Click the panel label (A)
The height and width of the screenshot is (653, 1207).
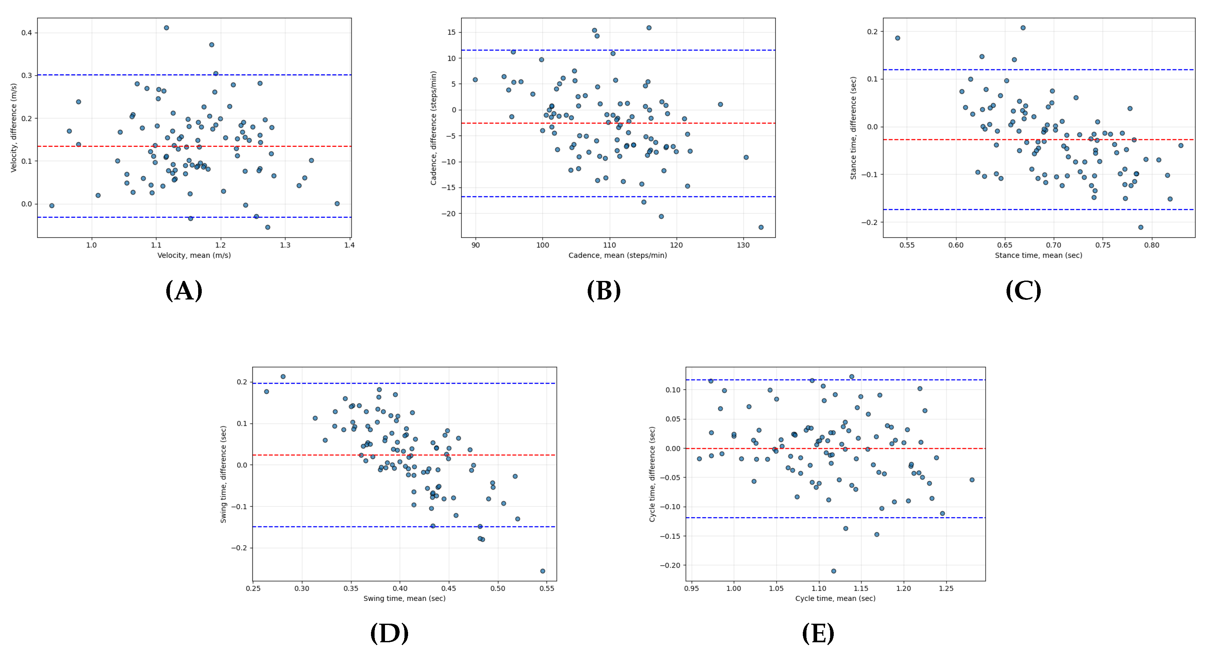click(184, 291)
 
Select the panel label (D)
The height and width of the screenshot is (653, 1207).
click(389, 633)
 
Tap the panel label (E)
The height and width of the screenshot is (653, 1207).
click(818, 633)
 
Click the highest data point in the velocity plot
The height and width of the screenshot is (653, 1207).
click(166, 28)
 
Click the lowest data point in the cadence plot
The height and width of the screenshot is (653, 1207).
click(761, 227)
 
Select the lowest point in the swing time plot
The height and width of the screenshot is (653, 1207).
click(542, 571)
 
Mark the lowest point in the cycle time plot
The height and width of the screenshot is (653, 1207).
click(833, 571)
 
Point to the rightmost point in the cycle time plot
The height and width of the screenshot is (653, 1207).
click(972, 479)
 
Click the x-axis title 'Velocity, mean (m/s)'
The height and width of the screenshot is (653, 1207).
click(194, 256)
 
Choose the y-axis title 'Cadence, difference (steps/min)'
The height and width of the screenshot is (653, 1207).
click(433, 128)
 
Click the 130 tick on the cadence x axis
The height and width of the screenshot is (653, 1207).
click(743, 245)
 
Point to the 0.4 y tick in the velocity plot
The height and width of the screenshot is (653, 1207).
click(26, 33)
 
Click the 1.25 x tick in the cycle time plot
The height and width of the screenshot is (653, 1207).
click(946, 588)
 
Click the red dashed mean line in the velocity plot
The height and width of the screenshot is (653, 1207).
click(281, 146)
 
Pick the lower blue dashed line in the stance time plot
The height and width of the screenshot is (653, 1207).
click(1078, 210)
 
